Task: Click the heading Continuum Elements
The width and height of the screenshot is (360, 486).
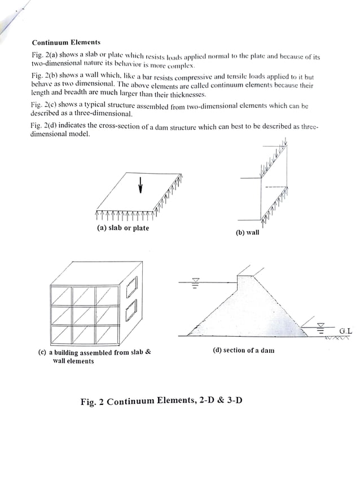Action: (66, 42)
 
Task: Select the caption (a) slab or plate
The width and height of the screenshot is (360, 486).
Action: (122, 228)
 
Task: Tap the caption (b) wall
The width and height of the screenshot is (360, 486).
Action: (247, 233)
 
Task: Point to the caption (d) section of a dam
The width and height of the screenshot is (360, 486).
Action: (243, 350)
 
